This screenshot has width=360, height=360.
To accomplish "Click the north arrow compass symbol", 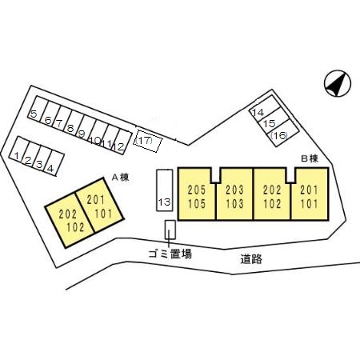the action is [338, 83].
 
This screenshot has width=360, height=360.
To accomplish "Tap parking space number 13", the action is [164, 190].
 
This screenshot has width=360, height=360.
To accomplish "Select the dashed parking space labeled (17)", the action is [148, 141].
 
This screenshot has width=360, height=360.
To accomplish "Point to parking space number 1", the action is [18, 149].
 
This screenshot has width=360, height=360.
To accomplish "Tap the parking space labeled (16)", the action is [283, 133].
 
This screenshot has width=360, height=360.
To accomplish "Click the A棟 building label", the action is [120, 178].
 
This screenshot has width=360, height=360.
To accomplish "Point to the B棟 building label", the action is [310, 159].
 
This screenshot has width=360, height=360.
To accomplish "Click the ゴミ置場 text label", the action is [170, 254].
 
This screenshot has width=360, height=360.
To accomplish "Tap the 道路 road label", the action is [251, 259].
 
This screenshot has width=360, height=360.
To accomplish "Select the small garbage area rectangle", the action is [170, 230].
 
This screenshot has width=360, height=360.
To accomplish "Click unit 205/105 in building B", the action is [197, 194].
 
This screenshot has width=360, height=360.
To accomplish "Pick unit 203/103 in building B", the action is [234, 194].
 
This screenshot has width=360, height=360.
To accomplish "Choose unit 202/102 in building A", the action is [70, 220].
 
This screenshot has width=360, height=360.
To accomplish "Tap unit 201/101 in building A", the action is [100, 205].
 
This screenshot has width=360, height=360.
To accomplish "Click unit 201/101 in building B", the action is [310, 194].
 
